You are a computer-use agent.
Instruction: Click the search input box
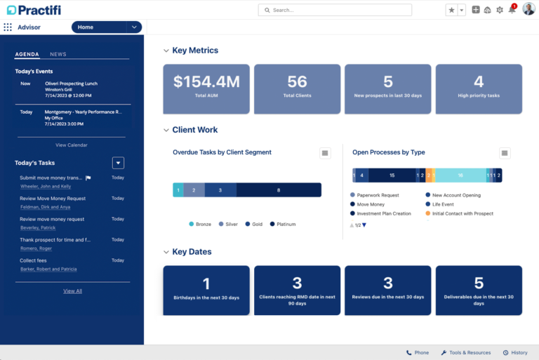[x=335, y=10]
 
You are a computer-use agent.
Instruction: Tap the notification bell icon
[x=512, y=10]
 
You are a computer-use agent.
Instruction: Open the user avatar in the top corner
[x=528, y=9]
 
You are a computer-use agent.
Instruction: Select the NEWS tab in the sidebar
[x=58, y=54]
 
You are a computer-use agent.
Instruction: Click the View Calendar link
[x=72, y=145]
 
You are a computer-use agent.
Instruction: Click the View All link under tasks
[x=72, y=291]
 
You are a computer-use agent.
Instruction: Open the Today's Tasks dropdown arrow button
[x=119, y=163]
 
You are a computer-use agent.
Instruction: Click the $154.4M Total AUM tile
[x=206, y=88]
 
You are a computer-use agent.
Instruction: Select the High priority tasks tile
[x=479, y=88]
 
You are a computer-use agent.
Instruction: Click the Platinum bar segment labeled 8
[x=279, y=190]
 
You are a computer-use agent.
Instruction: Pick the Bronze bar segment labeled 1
[x=178, y=190]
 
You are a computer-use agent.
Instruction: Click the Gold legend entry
[x=253, y=225]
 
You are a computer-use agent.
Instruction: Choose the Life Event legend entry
[x=442, y=204]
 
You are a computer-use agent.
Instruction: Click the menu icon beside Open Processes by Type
[x=505, y=153]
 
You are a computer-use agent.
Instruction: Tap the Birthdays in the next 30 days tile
[x=206, y=289]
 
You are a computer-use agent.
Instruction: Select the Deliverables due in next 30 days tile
[x=479, y=289]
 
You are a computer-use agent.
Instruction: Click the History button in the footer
[x=515, y=353]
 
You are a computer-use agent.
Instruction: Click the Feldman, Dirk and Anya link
[x=45, y=207]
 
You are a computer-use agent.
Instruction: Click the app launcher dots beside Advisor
[x=8, y=27]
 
